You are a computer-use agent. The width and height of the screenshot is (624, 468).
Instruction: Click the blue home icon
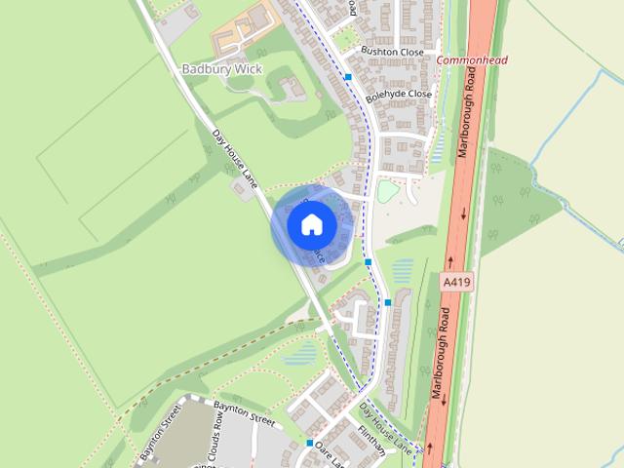(x=312, y=225)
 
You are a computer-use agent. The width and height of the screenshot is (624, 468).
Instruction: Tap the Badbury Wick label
(x=215, y=69)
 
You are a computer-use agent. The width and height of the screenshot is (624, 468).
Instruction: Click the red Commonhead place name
(x=472, y=60)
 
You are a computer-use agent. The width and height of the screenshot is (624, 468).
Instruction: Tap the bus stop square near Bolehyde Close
(x=348, y=75)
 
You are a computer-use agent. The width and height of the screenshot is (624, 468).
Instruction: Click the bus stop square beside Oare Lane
(x=310, y=443)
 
